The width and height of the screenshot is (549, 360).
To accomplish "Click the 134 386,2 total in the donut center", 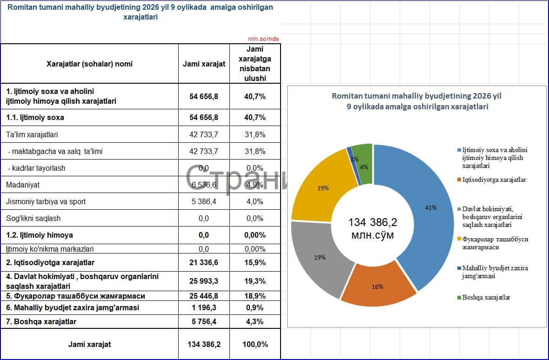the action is pos(373,222).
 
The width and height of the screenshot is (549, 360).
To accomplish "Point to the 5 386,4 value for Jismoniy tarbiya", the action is pos(204,201).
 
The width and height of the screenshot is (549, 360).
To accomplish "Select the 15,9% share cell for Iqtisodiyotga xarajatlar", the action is pos(255,262).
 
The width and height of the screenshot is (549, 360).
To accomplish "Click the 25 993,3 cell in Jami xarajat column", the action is pos(204,281).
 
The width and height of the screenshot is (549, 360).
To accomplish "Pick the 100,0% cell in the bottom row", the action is pos(255,344).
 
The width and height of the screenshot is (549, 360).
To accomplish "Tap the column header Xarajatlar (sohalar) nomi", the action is pos(90,64).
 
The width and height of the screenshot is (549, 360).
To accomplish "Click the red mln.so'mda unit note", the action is pos(263,39).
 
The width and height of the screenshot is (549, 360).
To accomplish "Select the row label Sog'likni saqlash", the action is pos(33,218).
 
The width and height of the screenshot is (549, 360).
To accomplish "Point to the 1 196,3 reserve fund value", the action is pos(204,307).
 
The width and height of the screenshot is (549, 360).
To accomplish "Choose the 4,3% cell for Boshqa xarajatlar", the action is pos(255,321).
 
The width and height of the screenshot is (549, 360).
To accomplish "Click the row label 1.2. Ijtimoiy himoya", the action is pos(40,235).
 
